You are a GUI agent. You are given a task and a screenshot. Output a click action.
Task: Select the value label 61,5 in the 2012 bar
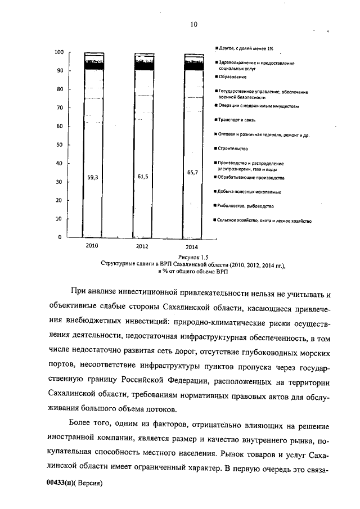click(x=143, y=177)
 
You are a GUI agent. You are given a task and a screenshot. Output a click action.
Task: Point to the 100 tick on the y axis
click(x=58, y=52)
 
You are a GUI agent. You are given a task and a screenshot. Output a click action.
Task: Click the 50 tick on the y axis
click(x=59, y=145)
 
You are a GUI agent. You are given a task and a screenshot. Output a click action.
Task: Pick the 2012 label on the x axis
click(x=143, y=246)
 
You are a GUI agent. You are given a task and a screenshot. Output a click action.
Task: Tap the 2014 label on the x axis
click(x=192, y=246)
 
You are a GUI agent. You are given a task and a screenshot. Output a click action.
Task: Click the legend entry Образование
click(x=233, y=76)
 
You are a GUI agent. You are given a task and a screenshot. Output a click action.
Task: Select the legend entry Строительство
click(x=235, y=148)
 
